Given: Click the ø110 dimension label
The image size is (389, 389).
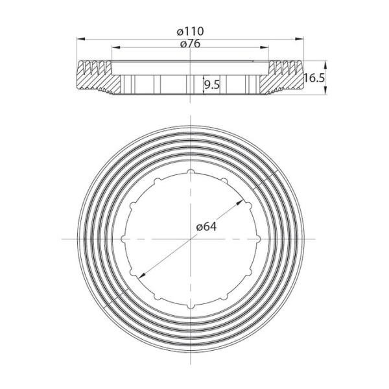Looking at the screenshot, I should pyautogui.click(x=191, y=30).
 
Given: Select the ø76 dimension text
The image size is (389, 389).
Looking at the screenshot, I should pyautogui.click(x=191, y=43).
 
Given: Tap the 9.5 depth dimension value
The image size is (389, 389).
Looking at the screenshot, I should pyautogui.click(x=211, y=84).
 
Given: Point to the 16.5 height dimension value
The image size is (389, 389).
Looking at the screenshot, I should pyautogui.click(x=313, y=78).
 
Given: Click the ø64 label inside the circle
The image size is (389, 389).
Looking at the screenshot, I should pyautogui.click(x=206, y=226).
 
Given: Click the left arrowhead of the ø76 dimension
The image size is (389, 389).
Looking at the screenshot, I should pyautogui.click(x=115, y=47).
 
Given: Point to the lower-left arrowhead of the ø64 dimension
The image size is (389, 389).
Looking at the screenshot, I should pyautogui.click(x=138, y=274).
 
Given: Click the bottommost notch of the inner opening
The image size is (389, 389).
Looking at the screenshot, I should pyautogui.click(x=192, y=305).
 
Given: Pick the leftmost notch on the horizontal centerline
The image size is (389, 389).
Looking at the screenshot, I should pyautogui.click(x=124, y=239).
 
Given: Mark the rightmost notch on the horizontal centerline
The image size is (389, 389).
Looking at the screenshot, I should pyautogui.click(x=259, y=239).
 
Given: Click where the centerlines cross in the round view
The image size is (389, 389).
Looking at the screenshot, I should pyautogui.click(x=192, y=239).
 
